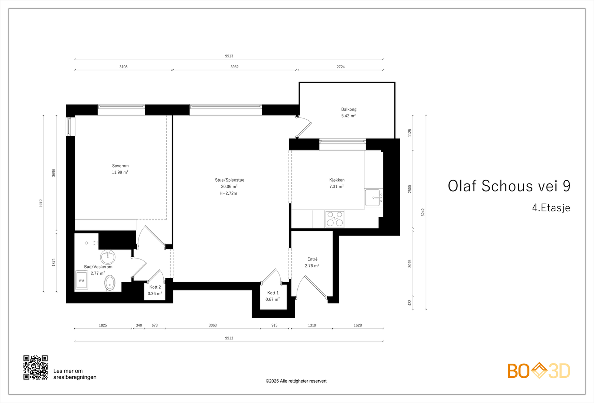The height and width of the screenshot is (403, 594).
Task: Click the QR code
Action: pos(36,367)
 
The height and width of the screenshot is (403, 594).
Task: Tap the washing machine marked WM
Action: pos(81,280)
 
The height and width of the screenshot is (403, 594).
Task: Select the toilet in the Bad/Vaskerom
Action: pos(110,283)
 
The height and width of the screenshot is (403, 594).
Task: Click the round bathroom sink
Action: pos(108,257)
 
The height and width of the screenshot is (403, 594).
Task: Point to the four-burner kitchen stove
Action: pos(335,219)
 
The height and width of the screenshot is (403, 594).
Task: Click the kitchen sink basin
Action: pos(372,198)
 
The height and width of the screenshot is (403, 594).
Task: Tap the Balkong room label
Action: pos(349,109)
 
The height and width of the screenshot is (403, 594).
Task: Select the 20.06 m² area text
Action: pos(229,186)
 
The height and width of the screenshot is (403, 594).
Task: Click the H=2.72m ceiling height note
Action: pos(228,193)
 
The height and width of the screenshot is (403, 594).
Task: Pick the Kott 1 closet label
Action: pos(272,293)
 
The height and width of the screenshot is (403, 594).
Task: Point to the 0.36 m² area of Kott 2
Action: pos(155,293)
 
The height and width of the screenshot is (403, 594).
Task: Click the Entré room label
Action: pos(312,259)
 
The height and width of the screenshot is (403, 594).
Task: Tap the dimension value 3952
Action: pos(234,67)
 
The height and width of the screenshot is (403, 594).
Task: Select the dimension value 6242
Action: pos(423,212)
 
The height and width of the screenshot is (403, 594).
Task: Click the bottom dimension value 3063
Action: pos(212,325)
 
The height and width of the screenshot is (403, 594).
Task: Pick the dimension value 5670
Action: pos(41,203)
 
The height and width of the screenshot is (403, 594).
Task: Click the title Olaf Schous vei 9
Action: pos(509,186)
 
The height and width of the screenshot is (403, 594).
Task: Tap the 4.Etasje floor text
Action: pos(551,208)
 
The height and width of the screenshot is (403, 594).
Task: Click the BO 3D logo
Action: pos(538,371)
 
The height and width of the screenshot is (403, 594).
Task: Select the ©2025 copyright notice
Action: pos(296,381)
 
